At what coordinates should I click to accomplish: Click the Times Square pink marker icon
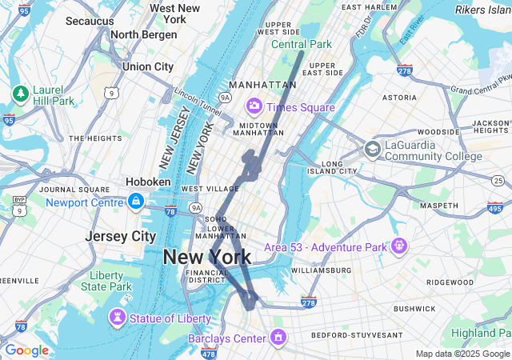[x=254, y=106]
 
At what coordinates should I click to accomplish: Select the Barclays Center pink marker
[x=278, y=338]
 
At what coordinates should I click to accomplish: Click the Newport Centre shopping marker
[x=136, y=202]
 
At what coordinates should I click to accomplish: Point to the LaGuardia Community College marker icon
[x=372, y=149]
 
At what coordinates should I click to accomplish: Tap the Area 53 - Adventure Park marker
[x=399, y=245]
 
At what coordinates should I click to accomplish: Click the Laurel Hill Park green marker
[x=20, y=94]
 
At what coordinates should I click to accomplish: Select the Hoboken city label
[x=148, y=182]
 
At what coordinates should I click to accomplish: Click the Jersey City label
[x=121, y=236]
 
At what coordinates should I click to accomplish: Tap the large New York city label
[x=206, y=257]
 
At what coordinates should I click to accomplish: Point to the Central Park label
[x=301, y=44]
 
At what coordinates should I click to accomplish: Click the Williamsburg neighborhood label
[x=321, y=270]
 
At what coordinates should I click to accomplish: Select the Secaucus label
[x=89, y=20]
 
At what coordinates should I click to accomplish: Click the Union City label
[x=148, y=66]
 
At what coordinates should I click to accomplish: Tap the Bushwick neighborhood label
[x=414, y=308]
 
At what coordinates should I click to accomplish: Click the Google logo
[x=26, y=350]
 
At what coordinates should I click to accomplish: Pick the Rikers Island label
[x=483, y=10]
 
